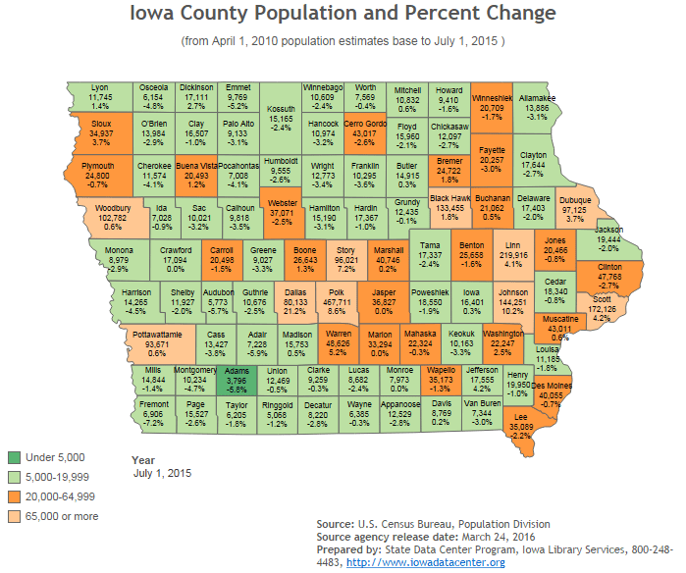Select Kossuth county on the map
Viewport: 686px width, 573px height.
tap(282, 119)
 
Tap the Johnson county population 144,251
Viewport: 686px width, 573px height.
tap(513, 303)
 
